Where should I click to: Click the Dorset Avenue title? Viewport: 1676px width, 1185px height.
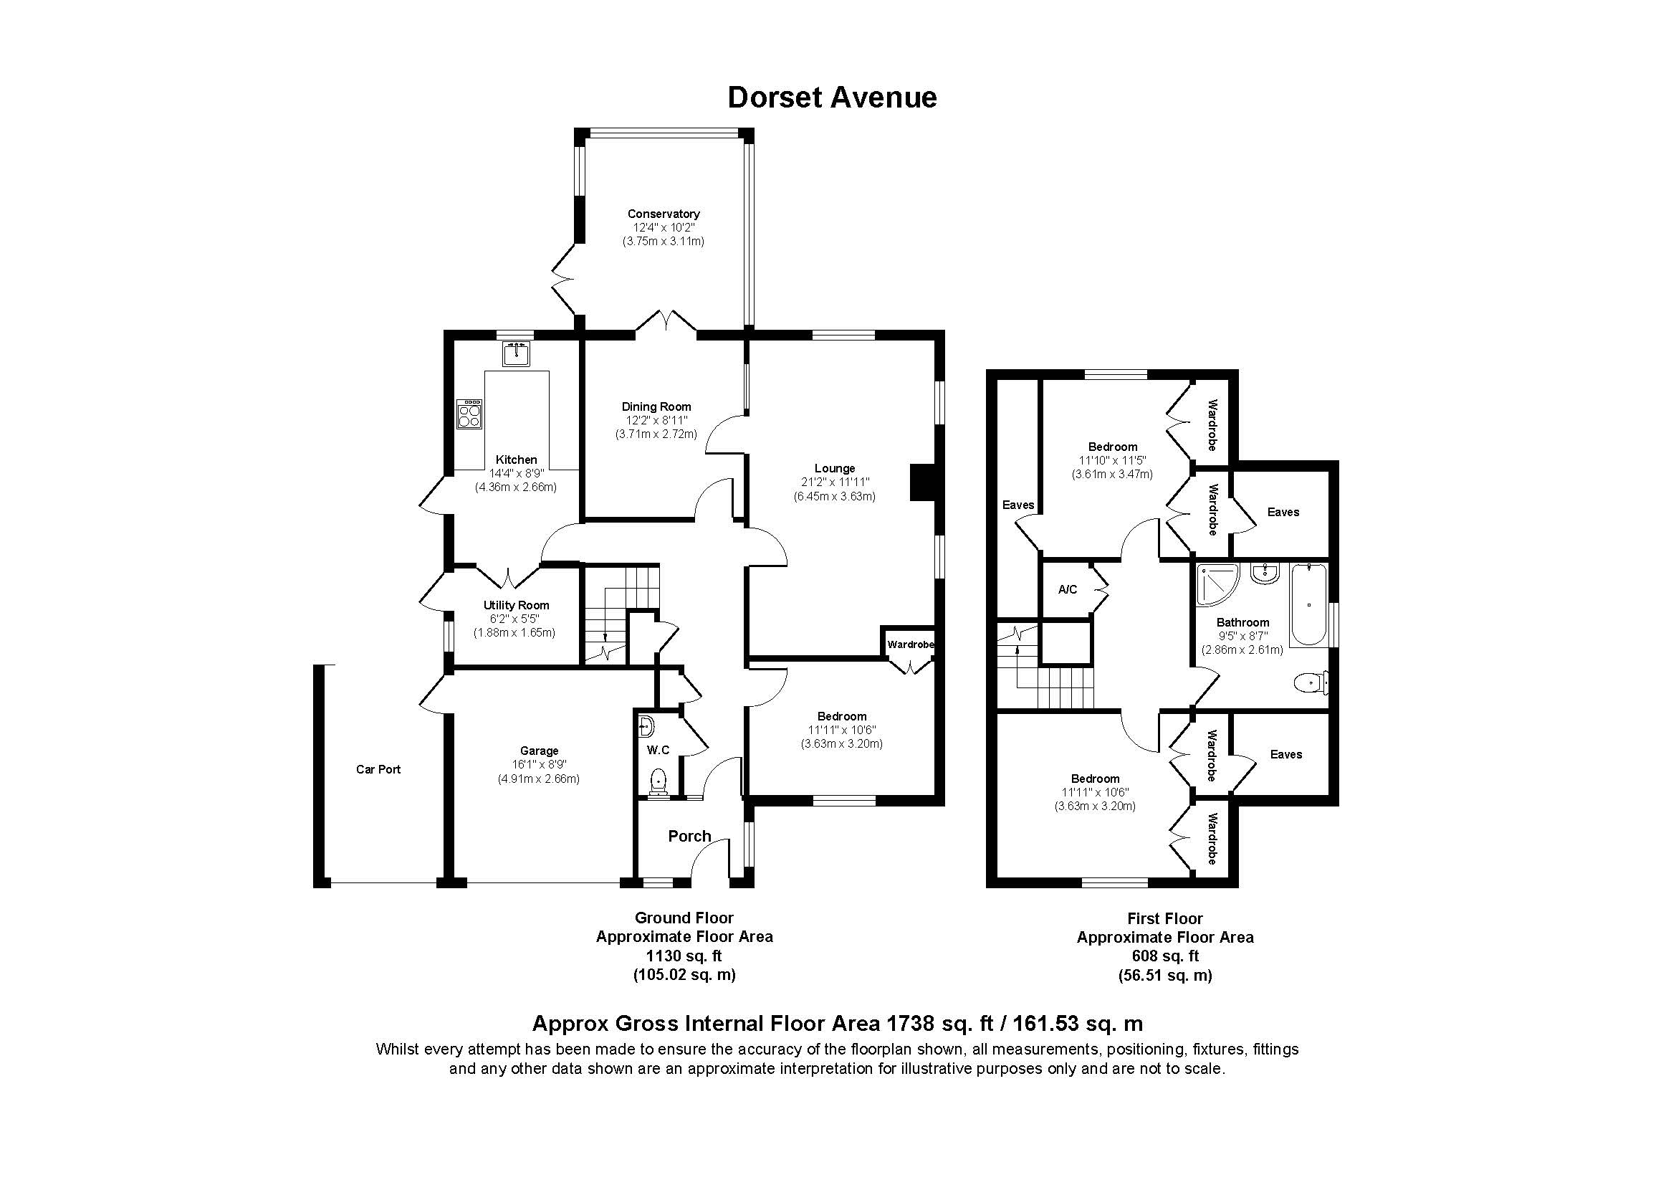(831, 97)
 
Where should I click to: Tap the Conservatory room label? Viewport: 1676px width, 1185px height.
(663, 214)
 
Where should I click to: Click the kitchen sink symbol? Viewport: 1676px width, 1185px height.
(517, 354)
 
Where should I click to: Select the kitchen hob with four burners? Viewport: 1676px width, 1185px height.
(469, 414)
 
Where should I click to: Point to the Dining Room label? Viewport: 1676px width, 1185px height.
(656, 406)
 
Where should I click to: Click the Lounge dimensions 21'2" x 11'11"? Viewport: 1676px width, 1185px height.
(834, 482)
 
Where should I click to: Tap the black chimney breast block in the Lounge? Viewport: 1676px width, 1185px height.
(922, 482)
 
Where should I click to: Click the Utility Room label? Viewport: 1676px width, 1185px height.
(515, 605)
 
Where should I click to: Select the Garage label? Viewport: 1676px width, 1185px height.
(539, 751)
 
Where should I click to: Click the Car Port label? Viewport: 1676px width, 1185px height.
(378, 768)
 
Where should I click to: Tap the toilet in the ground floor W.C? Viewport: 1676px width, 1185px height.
(659, 781)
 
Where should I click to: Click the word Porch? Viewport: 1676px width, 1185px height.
(689, 837)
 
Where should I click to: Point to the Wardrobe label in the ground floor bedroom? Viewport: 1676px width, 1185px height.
(909, 644)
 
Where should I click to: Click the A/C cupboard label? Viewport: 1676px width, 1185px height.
(1067, 589)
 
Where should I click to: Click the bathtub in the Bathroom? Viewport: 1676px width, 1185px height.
(1308, 604)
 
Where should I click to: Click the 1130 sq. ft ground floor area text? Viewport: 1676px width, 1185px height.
(684, 956)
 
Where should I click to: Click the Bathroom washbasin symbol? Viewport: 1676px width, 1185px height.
(1264, 574)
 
